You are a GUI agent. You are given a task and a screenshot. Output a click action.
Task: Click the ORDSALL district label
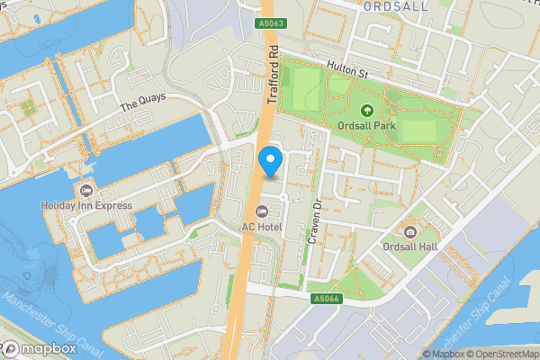[x=395, y=5]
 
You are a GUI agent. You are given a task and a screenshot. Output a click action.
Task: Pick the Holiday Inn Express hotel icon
[x=86, y=190]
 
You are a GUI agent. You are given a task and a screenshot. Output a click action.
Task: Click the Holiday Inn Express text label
[x=86, y=206]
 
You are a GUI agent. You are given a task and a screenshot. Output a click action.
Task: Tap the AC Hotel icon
[x=262, y=211]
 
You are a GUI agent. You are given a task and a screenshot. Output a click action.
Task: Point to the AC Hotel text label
[x=262, y=227]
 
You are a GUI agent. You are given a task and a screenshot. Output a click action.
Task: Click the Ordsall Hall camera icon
[x=410, y=231]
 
